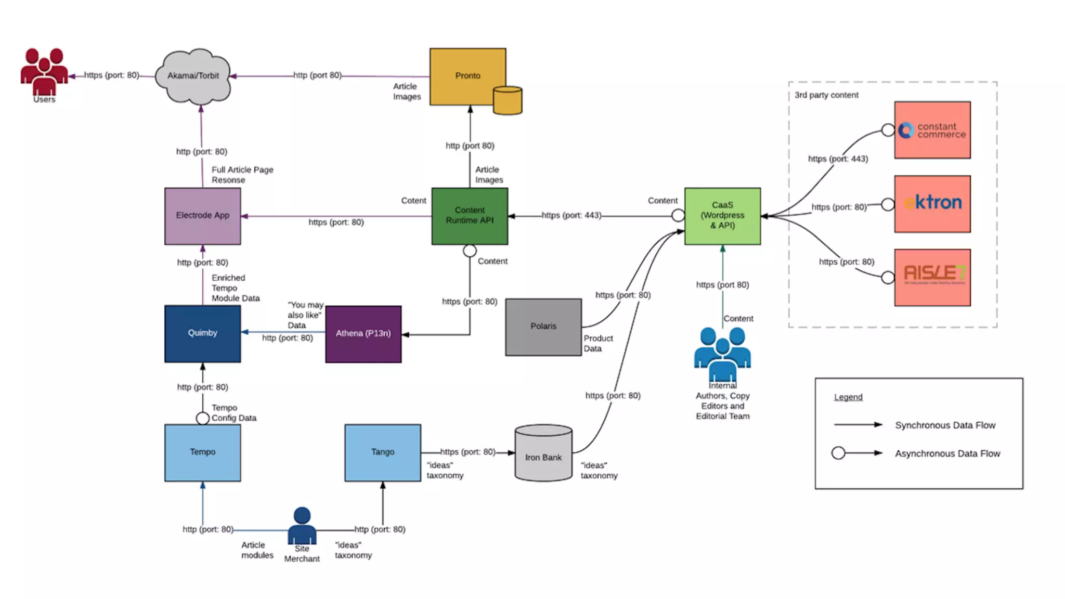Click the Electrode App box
[202, 216]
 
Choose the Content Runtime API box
[470, 216]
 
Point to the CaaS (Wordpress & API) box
[722, 216]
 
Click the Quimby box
[202, 333]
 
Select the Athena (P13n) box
[363, 334]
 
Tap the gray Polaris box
[543, 327]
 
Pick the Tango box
[383, 452]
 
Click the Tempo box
[202, 452]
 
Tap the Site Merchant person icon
[302, 526]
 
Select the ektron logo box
[932, 203]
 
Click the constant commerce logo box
[932, 130]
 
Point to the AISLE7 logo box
[932, 277]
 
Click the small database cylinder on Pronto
[508, 100]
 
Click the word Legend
[848, 397]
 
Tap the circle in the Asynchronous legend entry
[838, 453]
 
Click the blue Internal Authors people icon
[722, 354]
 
